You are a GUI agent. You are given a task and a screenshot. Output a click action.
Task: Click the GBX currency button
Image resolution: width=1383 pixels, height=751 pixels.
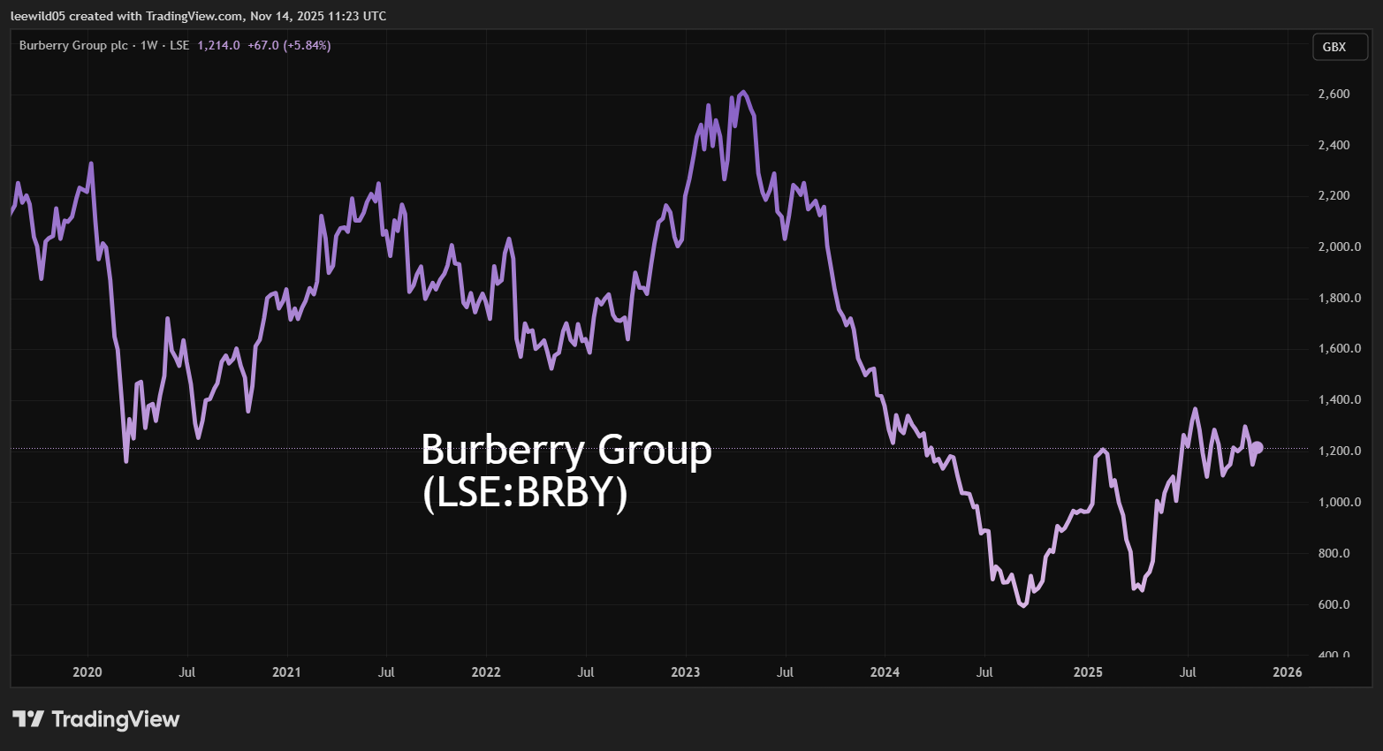pos(1334,47)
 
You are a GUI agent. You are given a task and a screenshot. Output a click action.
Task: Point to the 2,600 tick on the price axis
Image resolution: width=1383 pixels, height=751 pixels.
pos(1334,95)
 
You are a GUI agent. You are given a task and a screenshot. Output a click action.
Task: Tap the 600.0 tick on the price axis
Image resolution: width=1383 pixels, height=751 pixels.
pos(1334,604)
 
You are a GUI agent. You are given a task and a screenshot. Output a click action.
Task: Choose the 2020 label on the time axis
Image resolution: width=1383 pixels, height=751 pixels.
pos(87,672)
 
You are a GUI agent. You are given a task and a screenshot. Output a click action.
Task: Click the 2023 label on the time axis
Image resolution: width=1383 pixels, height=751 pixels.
pos(685,672)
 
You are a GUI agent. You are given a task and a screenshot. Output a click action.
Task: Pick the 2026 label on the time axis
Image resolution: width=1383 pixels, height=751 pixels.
pos(1287,672)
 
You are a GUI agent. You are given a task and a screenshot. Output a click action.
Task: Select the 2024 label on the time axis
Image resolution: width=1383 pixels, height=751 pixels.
pos(885,672)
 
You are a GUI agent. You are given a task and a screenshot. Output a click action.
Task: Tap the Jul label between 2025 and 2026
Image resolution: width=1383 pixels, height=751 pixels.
pos(1188,672)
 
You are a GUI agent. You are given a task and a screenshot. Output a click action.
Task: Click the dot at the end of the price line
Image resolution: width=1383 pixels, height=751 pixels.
pos(1257,448)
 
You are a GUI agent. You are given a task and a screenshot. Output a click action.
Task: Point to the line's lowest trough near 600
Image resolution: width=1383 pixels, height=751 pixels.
pos(1023,606)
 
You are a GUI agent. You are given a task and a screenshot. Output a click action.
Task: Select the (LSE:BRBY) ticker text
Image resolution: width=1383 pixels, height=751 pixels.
pos(525,493)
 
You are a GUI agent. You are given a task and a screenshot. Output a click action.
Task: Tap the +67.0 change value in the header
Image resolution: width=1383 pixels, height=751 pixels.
pos(263,45)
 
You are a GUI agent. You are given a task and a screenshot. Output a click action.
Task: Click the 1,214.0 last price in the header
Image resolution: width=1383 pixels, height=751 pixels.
pos(218,45)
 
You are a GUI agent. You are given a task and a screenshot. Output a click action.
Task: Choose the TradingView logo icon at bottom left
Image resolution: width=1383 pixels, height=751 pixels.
pos(28,719)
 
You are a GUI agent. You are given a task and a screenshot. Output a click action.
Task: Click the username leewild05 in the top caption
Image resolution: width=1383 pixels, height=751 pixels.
pos(39,16)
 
